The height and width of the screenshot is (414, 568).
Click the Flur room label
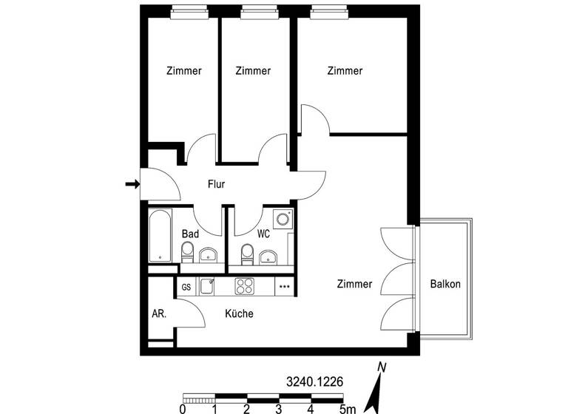[216, 185]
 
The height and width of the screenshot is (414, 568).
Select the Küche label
[239, 313]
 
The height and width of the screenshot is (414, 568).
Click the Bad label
[190, 234]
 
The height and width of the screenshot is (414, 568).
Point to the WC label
[263, 234]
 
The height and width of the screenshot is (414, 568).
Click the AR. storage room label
[159, 313]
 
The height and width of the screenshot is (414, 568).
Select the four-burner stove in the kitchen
[245, 286]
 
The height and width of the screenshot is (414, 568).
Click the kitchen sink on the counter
[206, 286]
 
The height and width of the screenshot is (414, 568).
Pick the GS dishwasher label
[186, 287]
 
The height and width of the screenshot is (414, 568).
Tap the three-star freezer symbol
[284, 287]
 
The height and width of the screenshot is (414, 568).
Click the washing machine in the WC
[282, 220]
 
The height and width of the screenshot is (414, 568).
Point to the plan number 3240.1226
[314, 382]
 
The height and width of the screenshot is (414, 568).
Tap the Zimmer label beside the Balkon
[354, 284]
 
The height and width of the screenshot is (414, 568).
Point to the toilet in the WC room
[247, 255]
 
